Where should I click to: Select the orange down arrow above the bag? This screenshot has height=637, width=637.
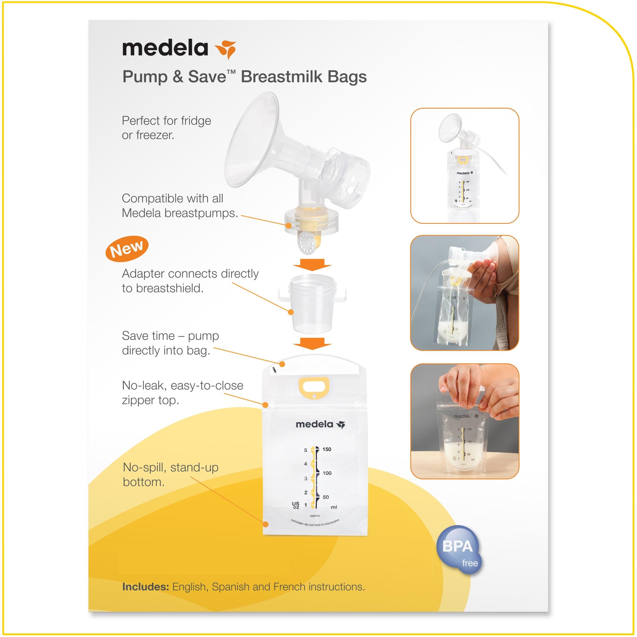(312, 343)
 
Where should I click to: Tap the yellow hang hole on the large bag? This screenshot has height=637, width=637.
(314, 385)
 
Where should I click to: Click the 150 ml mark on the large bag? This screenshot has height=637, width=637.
(327, 449)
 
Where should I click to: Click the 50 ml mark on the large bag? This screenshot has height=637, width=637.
(325, 497)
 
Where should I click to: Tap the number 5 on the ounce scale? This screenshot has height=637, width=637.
(305, 450)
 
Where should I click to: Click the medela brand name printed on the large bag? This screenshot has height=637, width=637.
(314, 424)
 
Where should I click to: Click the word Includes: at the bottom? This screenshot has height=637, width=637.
(145, 587)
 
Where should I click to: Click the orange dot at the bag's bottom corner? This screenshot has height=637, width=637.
(266, 524)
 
